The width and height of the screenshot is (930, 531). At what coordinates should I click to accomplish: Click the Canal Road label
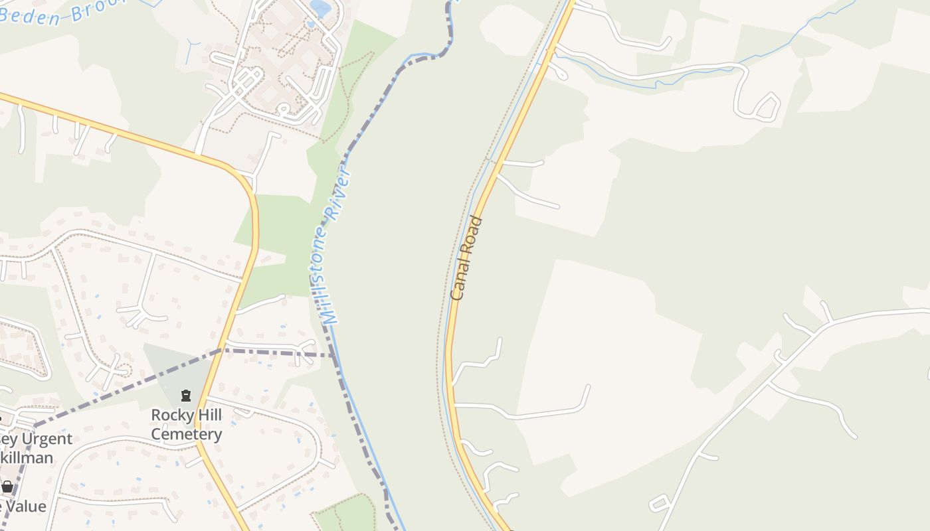pos(466,258)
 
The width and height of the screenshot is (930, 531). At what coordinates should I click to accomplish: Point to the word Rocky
pos(169,416)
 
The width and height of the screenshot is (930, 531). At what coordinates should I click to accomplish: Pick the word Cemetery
pos(187,435)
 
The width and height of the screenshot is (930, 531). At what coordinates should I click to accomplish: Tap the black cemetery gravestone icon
pos(186,396)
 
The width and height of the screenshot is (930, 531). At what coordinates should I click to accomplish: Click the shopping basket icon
pos(7,487)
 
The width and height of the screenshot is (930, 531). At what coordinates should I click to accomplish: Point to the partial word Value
pos(25,507)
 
